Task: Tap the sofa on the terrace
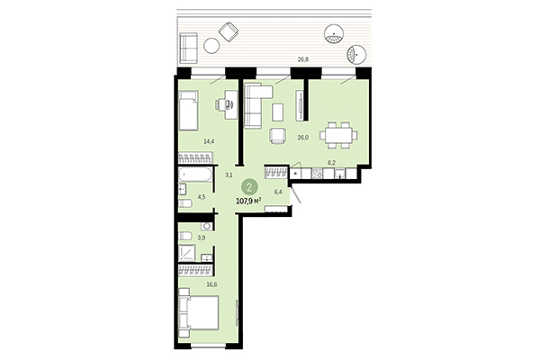pos(189,44)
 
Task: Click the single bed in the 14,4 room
pos(191,112)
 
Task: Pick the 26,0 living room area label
pos(302,137)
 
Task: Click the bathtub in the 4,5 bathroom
pos(194,174)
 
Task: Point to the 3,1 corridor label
pos(229,175)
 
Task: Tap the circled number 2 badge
pos(247,189)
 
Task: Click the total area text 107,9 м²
pos(248,202)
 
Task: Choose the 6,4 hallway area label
pos(277,191)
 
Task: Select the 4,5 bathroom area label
pos(202,196)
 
